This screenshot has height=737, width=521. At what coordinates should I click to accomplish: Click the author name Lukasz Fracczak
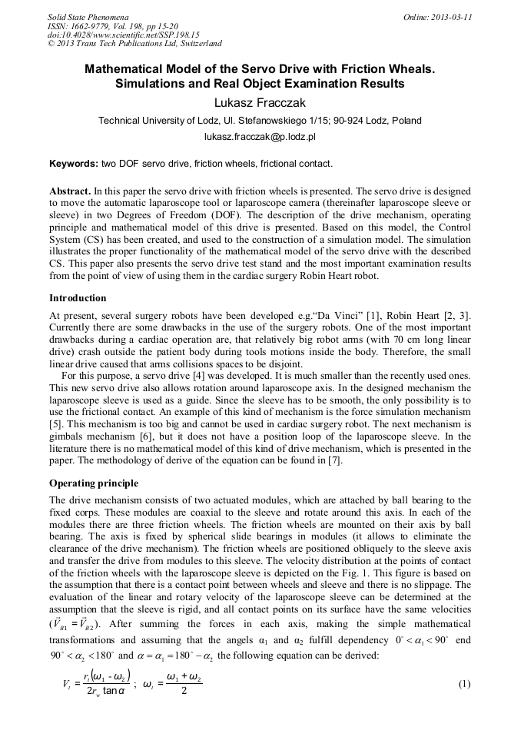[260, 103]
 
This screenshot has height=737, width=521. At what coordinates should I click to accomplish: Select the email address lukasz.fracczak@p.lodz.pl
[260, 137]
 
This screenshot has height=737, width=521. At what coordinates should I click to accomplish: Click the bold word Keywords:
[73, 164]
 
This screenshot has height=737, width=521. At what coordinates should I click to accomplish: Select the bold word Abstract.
[70, 190]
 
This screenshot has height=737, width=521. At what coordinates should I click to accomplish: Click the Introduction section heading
[78, 297]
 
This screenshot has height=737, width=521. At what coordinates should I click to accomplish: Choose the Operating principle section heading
[94, 483]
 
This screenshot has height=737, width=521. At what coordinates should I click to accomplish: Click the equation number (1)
[464, 683]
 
